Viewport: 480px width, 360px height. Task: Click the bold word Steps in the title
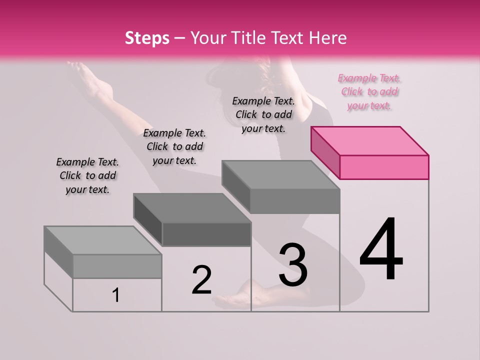pos(147,38)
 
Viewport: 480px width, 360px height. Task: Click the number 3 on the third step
pos(293,264)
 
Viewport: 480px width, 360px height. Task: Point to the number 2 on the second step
pos(201,280)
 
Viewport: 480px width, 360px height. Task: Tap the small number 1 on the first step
pos(115,295)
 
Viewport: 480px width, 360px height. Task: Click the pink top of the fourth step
pos(369,140)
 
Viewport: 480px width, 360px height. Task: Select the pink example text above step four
pos(369,92)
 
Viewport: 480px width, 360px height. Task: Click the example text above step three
pos(263,114)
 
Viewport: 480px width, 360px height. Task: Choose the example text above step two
pos(174,146)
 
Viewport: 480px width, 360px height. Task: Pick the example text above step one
pos(87,175)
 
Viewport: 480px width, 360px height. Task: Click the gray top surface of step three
pos(280,175)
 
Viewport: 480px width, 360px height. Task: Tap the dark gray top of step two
pos(191,208)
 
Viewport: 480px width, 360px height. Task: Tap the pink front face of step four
pos(384,167)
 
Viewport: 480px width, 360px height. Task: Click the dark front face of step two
pos(206,234)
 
